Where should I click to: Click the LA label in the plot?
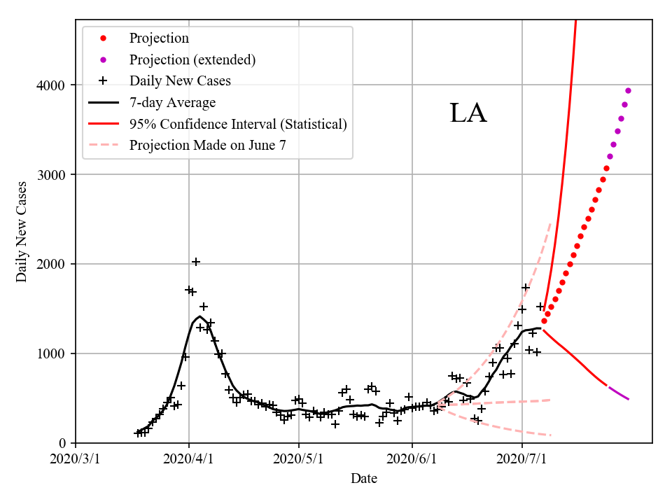pyautogui.click(x=468, y=113)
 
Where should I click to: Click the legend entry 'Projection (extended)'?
pyautogui.click(x=192, y=59)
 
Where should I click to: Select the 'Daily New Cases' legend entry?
pyautogui.click(x=180, y=80)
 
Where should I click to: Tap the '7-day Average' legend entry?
pyautogui.click(x=172, y=102)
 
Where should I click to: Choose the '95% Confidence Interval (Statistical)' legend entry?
pyautogui.click(x=238, y=124)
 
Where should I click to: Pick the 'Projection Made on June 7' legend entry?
pyautogui.click(x=207, y=145)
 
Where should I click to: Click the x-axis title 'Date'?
pyautogui.click(x=364, y=479)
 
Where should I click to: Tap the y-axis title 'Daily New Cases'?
pyautogui.click(x=22, y=231)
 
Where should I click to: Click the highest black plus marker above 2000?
pyautogui.click(x=196, y=262)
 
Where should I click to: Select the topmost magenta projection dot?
pyautogui.click(x=628, y=90)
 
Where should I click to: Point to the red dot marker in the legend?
pyautogui.click(x=103, y=38)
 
